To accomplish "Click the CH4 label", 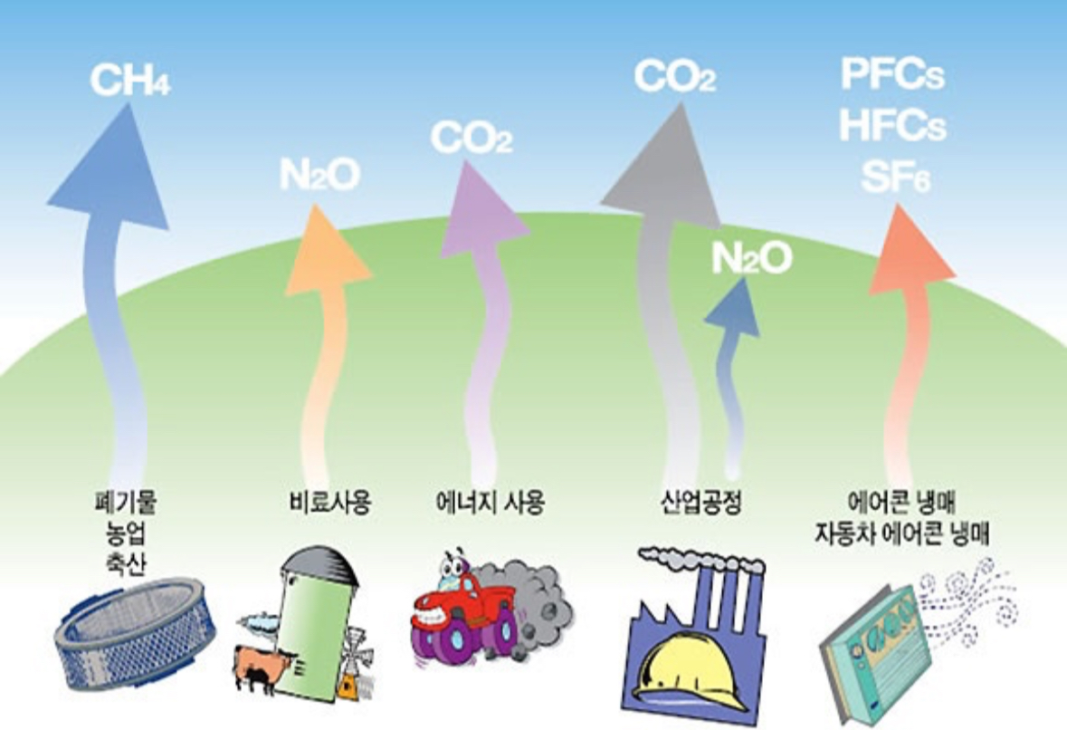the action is click(x=129, y=80).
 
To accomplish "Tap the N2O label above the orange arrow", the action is click(x=319, y=175).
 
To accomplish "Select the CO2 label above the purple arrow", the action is click(x=471, y=139).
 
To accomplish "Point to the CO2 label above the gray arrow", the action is click(x=674, y=76).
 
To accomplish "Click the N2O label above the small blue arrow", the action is click(x=751, y=259).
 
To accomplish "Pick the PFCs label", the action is click(x=892, y=75).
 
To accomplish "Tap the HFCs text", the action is click(x=892, y=126).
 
